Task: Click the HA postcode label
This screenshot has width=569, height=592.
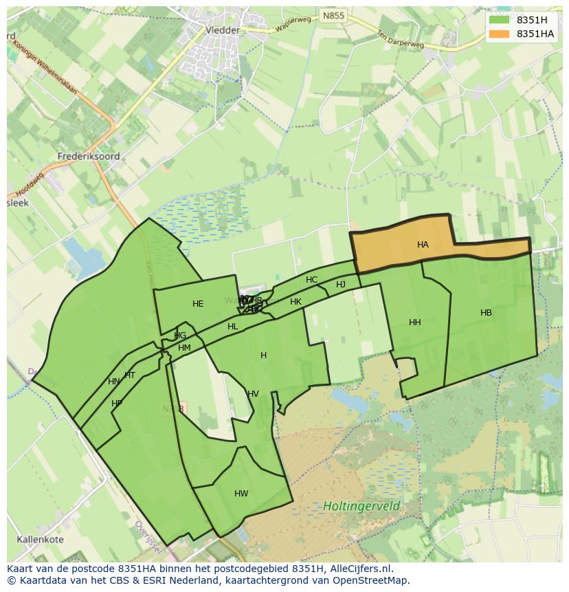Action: (x=423, y=245)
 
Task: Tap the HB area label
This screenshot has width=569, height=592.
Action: (x=486, y=313)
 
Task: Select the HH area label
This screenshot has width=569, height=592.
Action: (x=414, y=322)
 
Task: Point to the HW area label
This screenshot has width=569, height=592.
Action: (x=241, y=494)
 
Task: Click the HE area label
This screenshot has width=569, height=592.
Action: (x=198, y=304)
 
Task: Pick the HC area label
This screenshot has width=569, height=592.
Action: (x=312, y=280)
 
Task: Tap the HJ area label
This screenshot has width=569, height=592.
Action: (x=341, y=285)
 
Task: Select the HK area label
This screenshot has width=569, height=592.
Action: (x=295, y=302)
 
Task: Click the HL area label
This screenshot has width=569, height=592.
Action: (x=233, y=327)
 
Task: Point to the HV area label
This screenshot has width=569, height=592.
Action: (x=253, y=394)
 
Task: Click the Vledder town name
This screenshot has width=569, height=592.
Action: (x=223, y=30)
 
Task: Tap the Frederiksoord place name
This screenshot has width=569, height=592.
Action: (x=89, y=156)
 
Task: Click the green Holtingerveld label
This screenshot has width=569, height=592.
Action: (x=361, y=507)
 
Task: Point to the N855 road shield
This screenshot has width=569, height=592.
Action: (x=333, y=15)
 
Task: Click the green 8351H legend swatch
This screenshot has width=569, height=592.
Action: (x=499, y=20)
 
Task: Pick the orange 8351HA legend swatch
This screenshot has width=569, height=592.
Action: (x=499, y=34)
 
